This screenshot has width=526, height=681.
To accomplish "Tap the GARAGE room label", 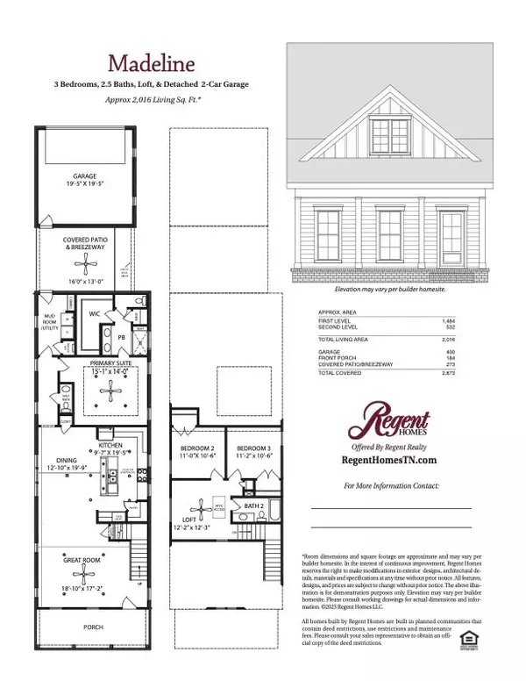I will [x=85, y=176].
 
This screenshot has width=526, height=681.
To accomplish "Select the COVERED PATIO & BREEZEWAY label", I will [x=85, y=243].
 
